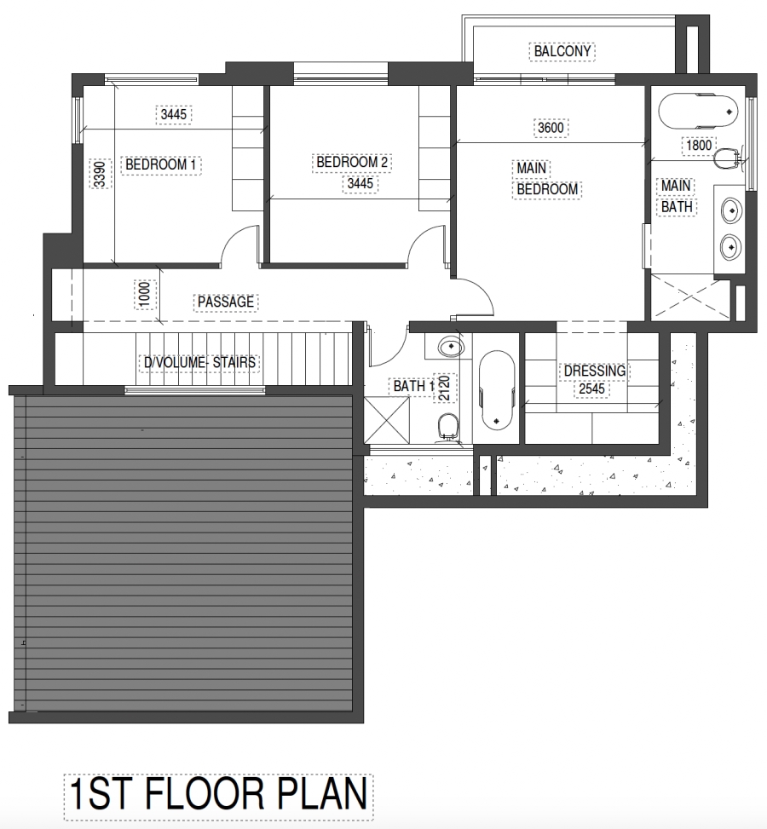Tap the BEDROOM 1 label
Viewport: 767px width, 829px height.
tap(162, 164)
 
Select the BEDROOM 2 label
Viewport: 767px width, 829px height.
tap(353, 162)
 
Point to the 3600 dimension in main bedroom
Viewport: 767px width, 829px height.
tap(551, 128)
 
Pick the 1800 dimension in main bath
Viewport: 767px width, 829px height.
tap(698, 146)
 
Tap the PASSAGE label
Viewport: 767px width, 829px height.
tap(226, 302)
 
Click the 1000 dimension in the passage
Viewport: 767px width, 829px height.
tap(144, 296)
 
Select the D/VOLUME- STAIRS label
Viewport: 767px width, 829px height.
tap(199, 363)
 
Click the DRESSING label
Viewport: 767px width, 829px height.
tap(595, 371)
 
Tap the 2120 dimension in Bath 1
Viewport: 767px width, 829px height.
tap(442, 389)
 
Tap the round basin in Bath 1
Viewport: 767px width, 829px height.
tap(449, 347)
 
